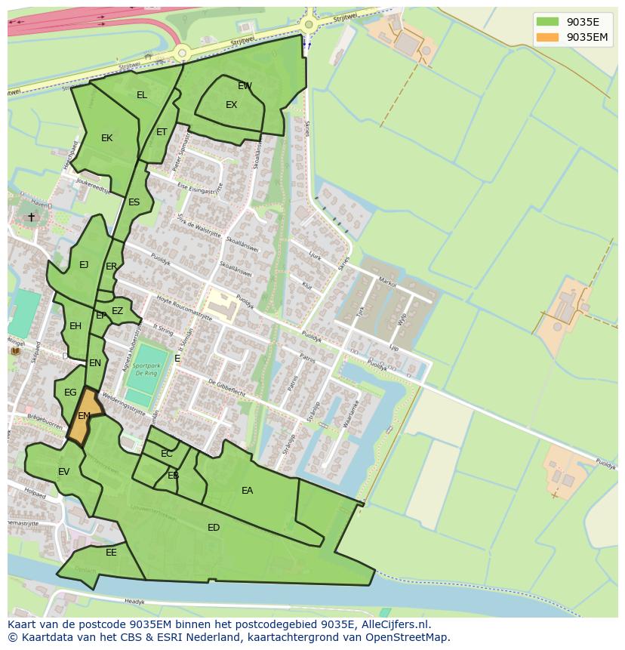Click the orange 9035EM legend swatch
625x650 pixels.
548,37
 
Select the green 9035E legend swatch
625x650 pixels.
548,22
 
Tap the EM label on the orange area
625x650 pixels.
84,416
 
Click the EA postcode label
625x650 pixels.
247,491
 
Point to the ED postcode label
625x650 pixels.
214,528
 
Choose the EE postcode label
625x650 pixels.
111,553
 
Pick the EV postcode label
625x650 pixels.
63,472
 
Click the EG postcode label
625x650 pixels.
70,393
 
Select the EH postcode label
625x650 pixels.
75,326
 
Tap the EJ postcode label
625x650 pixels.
84,265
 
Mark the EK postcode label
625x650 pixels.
106,138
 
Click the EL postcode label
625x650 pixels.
142,95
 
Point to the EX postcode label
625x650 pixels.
231,105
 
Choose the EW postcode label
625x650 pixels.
245,86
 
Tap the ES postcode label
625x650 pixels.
134,202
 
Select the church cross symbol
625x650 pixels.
31,217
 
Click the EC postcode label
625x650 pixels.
167,454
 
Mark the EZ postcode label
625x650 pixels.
117,311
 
